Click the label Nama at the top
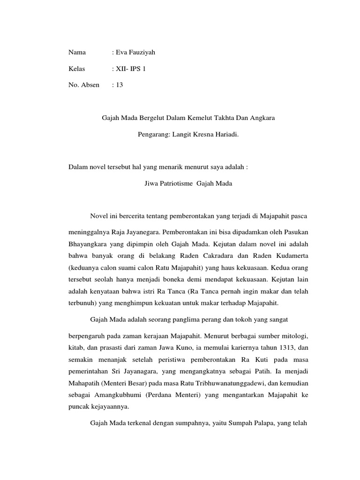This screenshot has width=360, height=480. tap(77, 52)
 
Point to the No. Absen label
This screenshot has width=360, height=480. tap(84, 85)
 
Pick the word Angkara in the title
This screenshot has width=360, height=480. tap(263, 118)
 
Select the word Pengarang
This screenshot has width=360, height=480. tap(154, 135)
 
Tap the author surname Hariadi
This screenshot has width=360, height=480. tap(226, 135)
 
